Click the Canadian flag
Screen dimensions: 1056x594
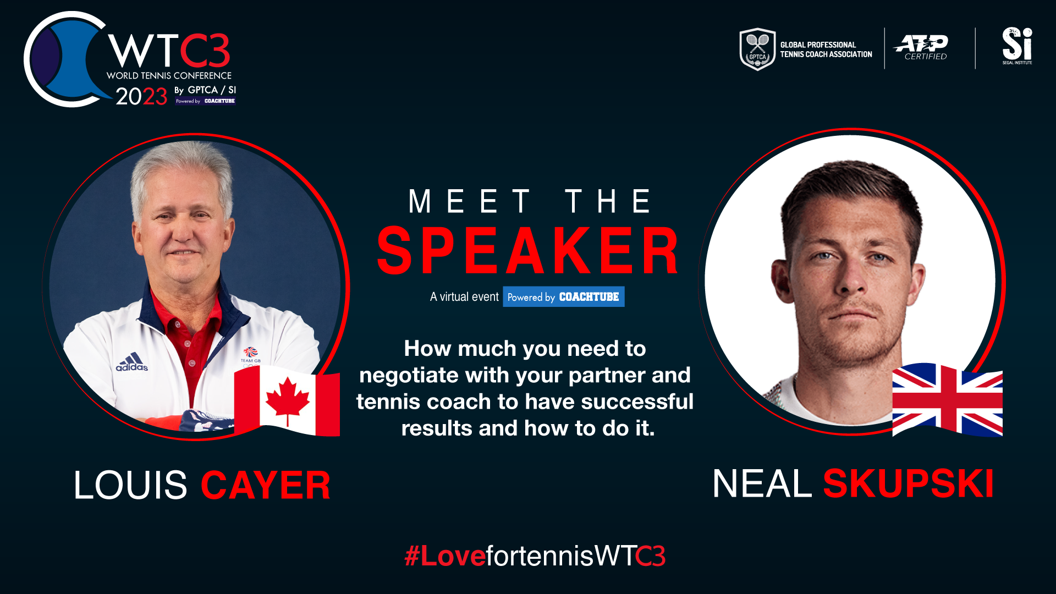[287, 400]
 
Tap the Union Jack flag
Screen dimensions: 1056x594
[947, 400]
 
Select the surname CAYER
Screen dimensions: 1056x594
[266, 485]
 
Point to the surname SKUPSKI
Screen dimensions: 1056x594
[909, 483]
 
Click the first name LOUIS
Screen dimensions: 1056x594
[131, 485]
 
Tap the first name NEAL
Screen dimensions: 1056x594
[762, 483]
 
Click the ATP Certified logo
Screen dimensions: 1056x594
[921, 47]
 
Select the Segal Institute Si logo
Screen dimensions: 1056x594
[1017, 46]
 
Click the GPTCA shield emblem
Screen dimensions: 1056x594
[757, 49]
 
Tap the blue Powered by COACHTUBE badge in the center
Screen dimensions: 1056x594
[563, 297]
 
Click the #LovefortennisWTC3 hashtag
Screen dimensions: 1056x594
[535, 555]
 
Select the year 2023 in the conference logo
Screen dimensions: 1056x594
[141, 96]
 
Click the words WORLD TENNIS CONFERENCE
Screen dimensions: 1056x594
[169, 75]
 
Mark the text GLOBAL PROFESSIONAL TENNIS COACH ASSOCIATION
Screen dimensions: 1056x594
[826, 50]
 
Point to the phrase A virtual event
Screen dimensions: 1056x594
[464, 297]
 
